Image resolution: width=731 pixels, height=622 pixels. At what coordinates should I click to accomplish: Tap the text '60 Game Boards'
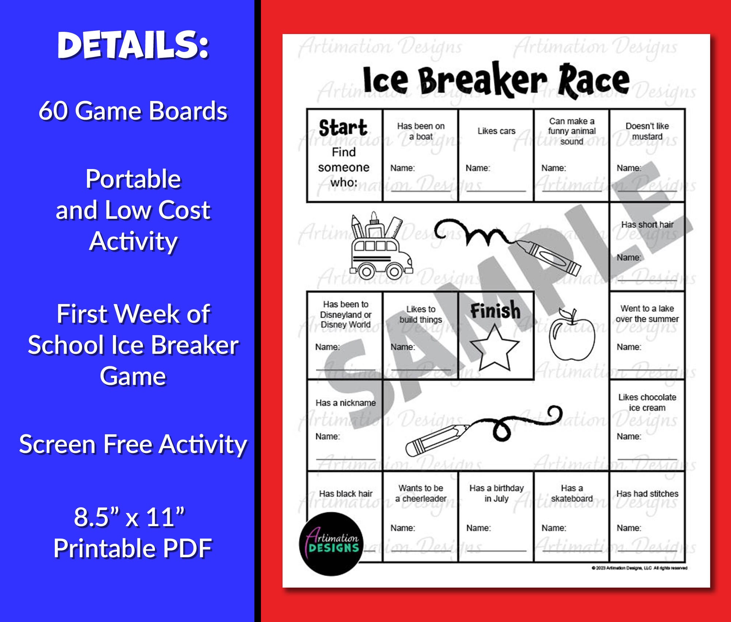(133, 110)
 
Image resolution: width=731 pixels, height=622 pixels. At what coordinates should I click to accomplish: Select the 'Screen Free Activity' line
(133, 444)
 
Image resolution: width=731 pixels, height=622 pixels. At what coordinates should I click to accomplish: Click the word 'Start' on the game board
(343, 128)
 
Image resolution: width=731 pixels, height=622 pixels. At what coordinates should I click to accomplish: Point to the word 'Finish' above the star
(495, 311)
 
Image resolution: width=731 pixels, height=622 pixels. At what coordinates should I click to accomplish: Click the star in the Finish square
(495, 349)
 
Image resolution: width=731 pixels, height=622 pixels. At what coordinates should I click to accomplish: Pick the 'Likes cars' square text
(496, 131)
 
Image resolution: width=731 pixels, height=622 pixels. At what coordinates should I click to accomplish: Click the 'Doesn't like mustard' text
(647, 131)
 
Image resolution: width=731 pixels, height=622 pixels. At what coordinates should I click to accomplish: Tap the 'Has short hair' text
(647, 225)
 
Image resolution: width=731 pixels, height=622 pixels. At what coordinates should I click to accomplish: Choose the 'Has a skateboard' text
(572, 493)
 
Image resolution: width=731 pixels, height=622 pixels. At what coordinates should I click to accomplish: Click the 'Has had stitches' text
(647, 494)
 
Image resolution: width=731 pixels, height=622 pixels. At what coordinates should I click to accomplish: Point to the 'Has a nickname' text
(345, 403)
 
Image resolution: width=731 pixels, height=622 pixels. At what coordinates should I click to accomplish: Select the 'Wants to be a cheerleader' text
(421, 493)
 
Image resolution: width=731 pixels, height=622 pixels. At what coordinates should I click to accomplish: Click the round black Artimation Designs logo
(332, 544)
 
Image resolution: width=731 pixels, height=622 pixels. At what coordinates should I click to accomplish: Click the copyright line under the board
(639, 568)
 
